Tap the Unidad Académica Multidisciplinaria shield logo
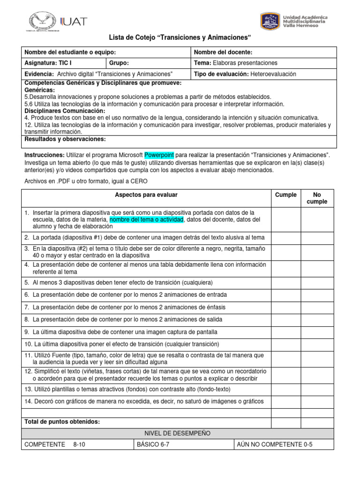[270, 21]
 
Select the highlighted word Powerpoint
[159, 155]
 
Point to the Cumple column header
[285, 195]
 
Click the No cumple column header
[316, 198]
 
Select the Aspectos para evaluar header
[146, 195]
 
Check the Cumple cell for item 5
[285, 283]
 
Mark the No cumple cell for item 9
[316, 331]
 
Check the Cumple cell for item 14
[285, 401]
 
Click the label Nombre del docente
[223, 52]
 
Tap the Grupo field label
[119, 63]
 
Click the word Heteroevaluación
[273, 74]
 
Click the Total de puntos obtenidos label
[62, 422]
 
